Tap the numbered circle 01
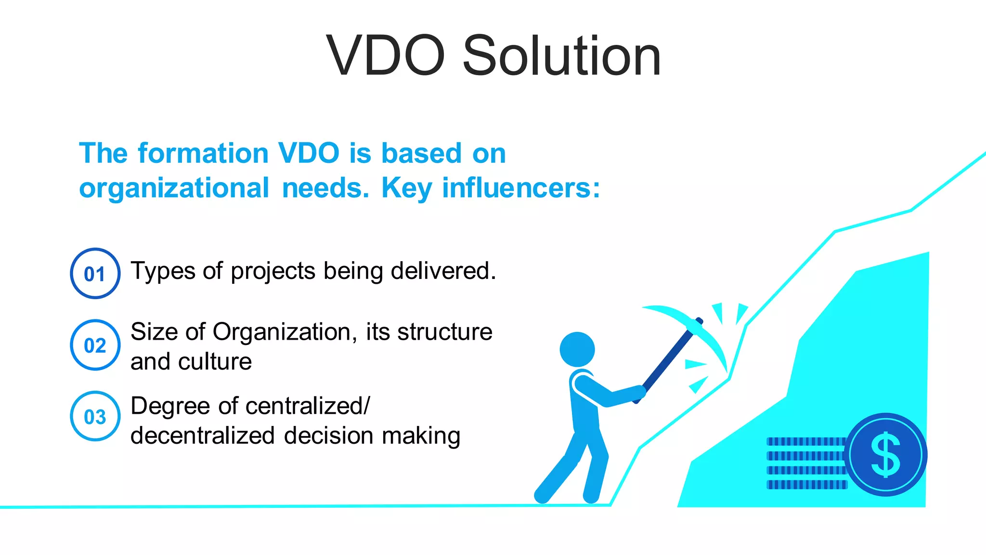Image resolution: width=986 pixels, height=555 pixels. coord(95,274)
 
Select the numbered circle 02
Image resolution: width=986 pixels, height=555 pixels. coord(95,345)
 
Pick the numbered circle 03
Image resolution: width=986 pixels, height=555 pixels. coord(95,416)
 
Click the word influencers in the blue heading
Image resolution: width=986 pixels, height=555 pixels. coord(521,188)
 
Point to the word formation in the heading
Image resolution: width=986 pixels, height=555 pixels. coord(203,154)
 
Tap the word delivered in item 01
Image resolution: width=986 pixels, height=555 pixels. coord(443,271)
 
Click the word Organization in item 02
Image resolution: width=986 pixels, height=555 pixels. coord(285,332)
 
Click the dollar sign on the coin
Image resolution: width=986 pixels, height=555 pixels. coord(885,455)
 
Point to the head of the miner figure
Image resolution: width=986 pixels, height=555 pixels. coord(577,349)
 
